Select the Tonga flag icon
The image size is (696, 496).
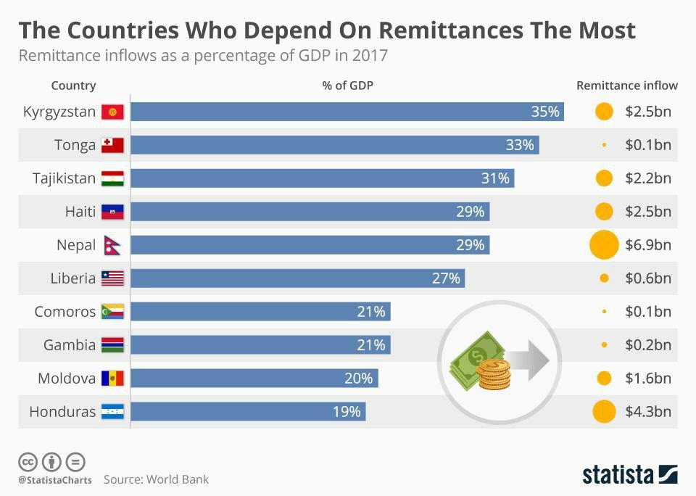coord(112,145)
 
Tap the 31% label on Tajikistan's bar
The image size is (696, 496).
coord(495,178)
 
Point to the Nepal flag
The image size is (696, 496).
coord(112,245)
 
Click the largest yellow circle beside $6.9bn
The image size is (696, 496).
coord(604,244)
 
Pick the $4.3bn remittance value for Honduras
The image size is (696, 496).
coord(648,412)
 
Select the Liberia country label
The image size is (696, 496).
coord(72,278)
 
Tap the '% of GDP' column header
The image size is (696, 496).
coord(348,86)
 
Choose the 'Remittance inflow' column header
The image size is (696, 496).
coord(627,86)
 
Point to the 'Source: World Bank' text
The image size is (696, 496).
coord(156,479)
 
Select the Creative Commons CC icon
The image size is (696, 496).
coord(28,462)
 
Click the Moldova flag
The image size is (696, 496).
coord(112,379)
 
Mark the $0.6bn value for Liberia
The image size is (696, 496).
coord(648,278)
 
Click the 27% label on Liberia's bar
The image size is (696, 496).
coord(446,278)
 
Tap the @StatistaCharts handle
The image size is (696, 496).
coord(54,480)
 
